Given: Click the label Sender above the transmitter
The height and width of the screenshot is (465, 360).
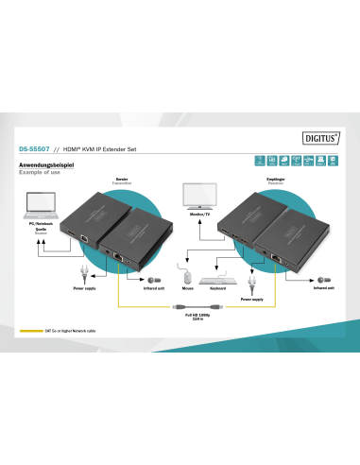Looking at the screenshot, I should coord(122,178).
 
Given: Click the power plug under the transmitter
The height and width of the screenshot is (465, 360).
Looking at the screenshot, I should coord(86,275).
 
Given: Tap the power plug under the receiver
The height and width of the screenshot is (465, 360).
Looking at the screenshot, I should coord(251,283).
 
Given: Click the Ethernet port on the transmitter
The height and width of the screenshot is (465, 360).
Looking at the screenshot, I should coord(118,256).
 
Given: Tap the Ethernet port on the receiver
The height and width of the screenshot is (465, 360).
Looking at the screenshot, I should coord(278,257).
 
